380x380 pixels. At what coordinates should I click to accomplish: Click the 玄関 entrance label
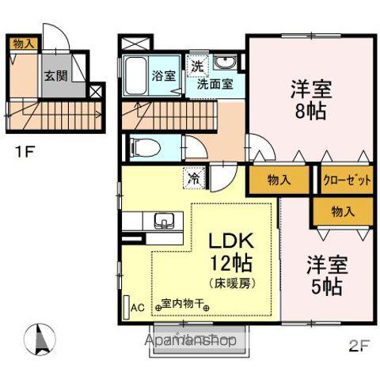pos(55,77)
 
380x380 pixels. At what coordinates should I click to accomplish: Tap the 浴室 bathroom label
pos(164,78)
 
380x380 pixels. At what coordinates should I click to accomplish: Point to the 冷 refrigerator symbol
pos(194,179)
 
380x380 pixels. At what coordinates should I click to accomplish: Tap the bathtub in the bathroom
pos(135,76)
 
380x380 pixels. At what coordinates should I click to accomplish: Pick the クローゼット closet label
pos(347,180)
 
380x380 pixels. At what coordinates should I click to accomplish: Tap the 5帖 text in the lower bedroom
pos(325,287)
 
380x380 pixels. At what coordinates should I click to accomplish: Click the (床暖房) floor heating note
pos(230,283)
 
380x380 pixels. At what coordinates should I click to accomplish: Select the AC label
pos(137,307)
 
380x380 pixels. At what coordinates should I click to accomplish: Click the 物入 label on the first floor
pos(23,44)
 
